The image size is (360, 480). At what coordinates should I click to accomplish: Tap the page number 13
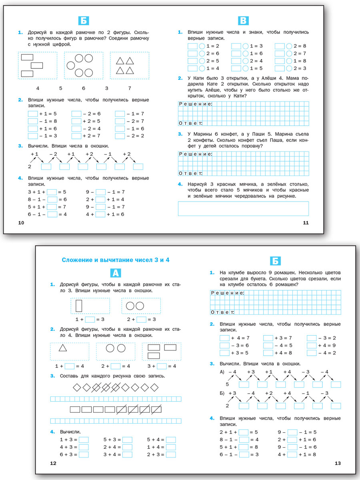point(337,463)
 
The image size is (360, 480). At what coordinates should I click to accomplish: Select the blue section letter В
point(243,21)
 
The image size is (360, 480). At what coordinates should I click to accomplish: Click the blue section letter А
point(115,273)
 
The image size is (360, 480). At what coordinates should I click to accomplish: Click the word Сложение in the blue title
point(79,260)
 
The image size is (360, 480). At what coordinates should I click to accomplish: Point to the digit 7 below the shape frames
point(129,88)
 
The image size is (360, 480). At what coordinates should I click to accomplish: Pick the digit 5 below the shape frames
point(61,88)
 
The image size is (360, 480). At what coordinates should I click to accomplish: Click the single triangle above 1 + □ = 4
point(63,348)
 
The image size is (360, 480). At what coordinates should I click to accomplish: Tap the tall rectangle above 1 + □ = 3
point(79,306)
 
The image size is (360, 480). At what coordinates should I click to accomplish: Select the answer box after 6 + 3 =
point(84,454)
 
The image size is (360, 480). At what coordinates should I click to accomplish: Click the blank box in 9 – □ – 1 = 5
point(292,432)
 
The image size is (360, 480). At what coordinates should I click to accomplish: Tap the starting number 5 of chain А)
point(227,384)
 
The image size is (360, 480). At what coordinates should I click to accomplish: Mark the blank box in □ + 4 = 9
point(312,346)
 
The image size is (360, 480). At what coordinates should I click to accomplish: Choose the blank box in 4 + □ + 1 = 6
point(100,214)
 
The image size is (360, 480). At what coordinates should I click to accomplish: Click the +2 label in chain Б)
point(268,393)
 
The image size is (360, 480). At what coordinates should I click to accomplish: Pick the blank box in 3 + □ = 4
point(162,366)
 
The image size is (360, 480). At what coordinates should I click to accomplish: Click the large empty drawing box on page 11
point(243,208)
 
